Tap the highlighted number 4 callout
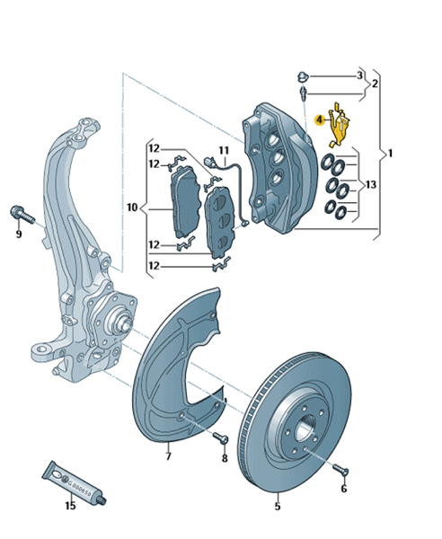320,120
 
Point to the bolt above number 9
23,215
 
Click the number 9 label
19,234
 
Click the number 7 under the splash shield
168,456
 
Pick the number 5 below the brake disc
278,506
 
